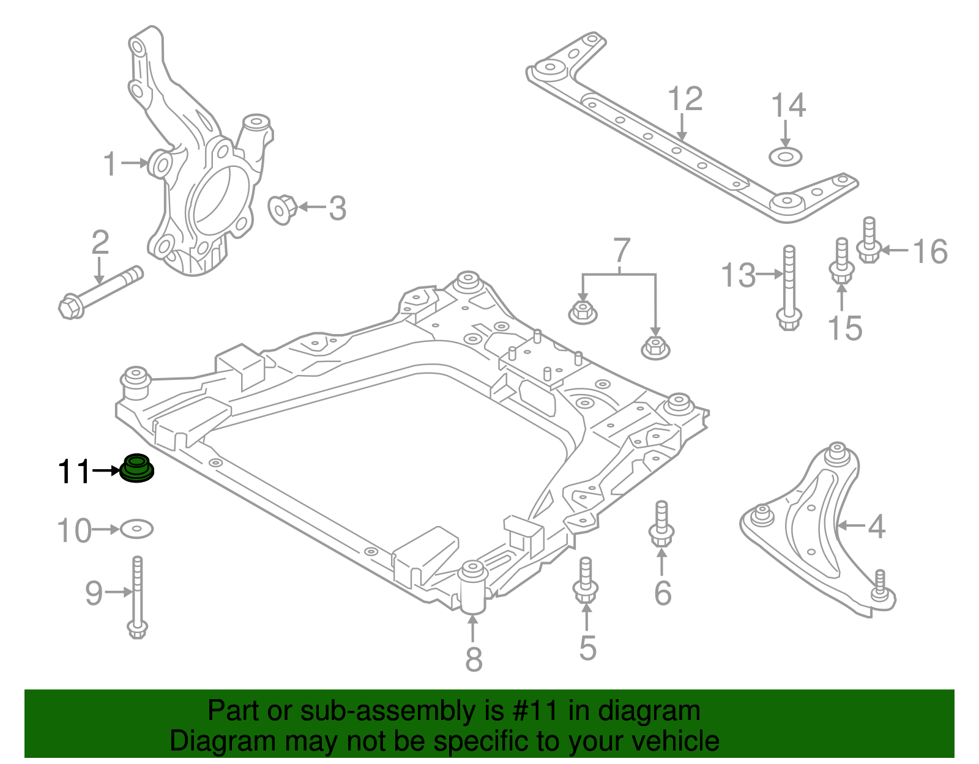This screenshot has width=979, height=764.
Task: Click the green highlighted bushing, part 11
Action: (x=136, y=469)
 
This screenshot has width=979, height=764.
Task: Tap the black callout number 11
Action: (x=73, y=472)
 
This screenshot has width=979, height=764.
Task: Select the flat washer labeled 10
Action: (x=136, y=529)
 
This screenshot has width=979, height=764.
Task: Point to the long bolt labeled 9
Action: (x=138, y=597)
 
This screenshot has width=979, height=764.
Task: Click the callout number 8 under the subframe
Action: (x=474, y=659)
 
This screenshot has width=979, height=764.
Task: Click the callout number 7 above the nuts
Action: (x=621, y=251)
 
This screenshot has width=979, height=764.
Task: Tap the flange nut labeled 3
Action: (x=283, y=209)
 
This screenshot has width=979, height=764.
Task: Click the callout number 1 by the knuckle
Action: (x=110, y=164)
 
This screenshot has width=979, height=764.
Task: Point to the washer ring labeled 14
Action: (x=785, y=157)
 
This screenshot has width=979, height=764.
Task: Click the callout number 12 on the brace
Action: (x=685, y=99)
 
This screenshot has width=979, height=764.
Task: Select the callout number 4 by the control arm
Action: (x=876, y=526)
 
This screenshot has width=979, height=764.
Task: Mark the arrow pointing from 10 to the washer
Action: (x=105, y=529)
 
